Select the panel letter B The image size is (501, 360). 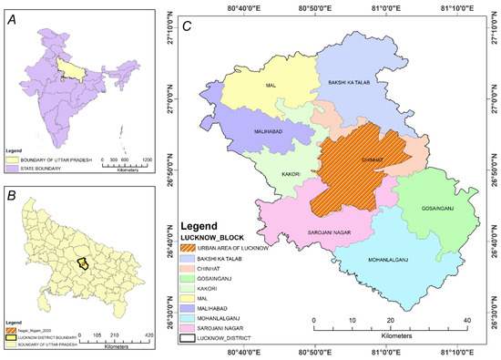tap(12, 196)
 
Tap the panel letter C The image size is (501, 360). tap(187, 28)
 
